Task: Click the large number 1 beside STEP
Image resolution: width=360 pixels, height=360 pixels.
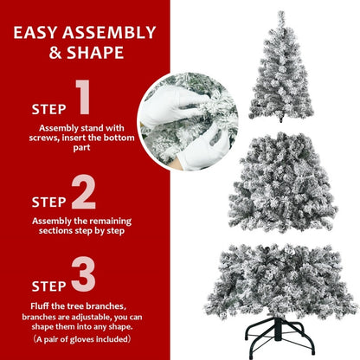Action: pos(82,100)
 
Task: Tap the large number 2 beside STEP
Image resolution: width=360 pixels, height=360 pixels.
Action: pos(84,195)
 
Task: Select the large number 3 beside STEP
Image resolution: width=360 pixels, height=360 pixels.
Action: pos(83,273)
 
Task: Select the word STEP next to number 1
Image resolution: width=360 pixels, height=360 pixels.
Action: pos(48,110)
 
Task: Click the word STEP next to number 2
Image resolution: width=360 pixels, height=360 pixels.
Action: pos(48,202)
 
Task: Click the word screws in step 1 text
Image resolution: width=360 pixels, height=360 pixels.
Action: pos(46,138)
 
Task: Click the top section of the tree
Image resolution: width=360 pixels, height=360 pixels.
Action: pos(280,69)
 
